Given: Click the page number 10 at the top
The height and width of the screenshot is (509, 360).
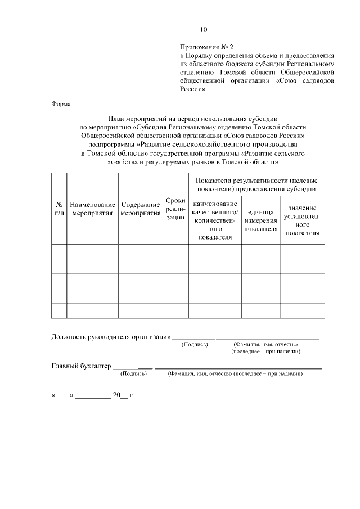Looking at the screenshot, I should [204, 30].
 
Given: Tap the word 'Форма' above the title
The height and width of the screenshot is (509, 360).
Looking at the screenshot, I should [61, 104].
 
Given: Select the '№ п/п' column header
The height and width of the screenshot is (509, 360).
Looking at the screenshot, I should [58, 209].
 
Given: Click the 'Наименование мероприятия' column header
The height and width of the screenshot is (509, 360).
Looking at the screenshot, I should [92, 209].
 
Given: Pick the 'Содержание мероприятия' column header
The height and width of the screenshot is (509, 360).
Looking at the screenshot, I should [141, 209].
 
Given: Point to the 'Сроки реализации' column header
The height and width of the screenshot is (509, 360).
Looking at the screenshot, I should [175, 209].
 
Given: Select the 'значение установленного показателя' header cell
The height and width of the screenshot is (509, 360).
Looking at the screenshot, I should [302, 220].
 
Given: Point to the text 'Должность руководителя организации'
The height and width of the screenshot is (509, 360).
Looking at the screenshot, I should [111, 337].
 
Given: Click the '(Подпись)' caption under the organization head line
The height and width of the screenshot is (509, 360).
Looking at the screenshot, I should [195, 344].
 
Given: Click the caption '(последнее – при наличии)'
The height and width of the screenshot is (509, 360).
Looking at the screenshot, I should [265, 352].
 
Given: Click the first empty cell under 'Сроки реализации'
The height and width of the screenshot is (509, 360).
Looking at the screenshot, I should [175, 251].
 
